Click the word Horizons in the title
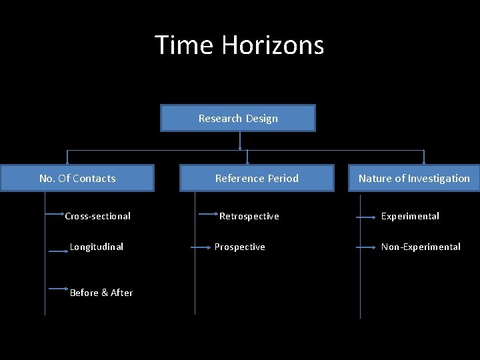point(273,45)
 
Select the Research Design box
point(238,118)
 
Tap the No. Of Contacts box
point(77,178)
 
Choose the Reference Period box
point(257,178)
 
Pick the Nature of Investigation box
point(414,178)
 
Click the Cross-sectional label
point(97,216)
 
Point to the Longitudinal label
point(97,247)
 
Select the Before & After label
point(101,293)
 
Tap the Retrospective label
point(249,216)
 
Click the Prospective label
point(240,247)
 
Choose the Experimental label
point(410,216)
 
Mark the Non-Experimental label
point(421,247)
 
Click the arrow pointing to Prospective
point(202,247)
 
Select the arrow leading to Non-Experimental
point(367,247)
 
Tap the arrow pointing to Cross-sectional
point(55,215)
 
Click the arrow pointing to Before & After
point(58,288)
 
